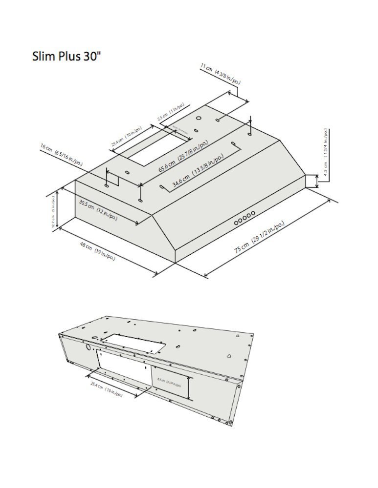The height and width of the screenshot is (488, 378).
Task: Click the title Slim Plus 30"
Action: point(67,56)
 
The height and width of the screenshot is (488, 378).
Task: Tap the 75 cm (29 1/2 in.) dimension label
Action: point(259,237)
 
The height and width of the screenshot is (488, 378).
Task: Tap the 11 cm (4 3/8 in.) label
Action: point(220,74)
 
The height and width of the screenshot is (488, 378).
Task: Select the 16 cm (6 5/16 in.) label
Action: point(62,156)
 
